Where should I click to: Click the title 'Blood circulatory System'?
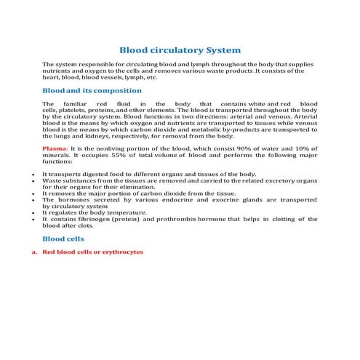click(x=180, y=50)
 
